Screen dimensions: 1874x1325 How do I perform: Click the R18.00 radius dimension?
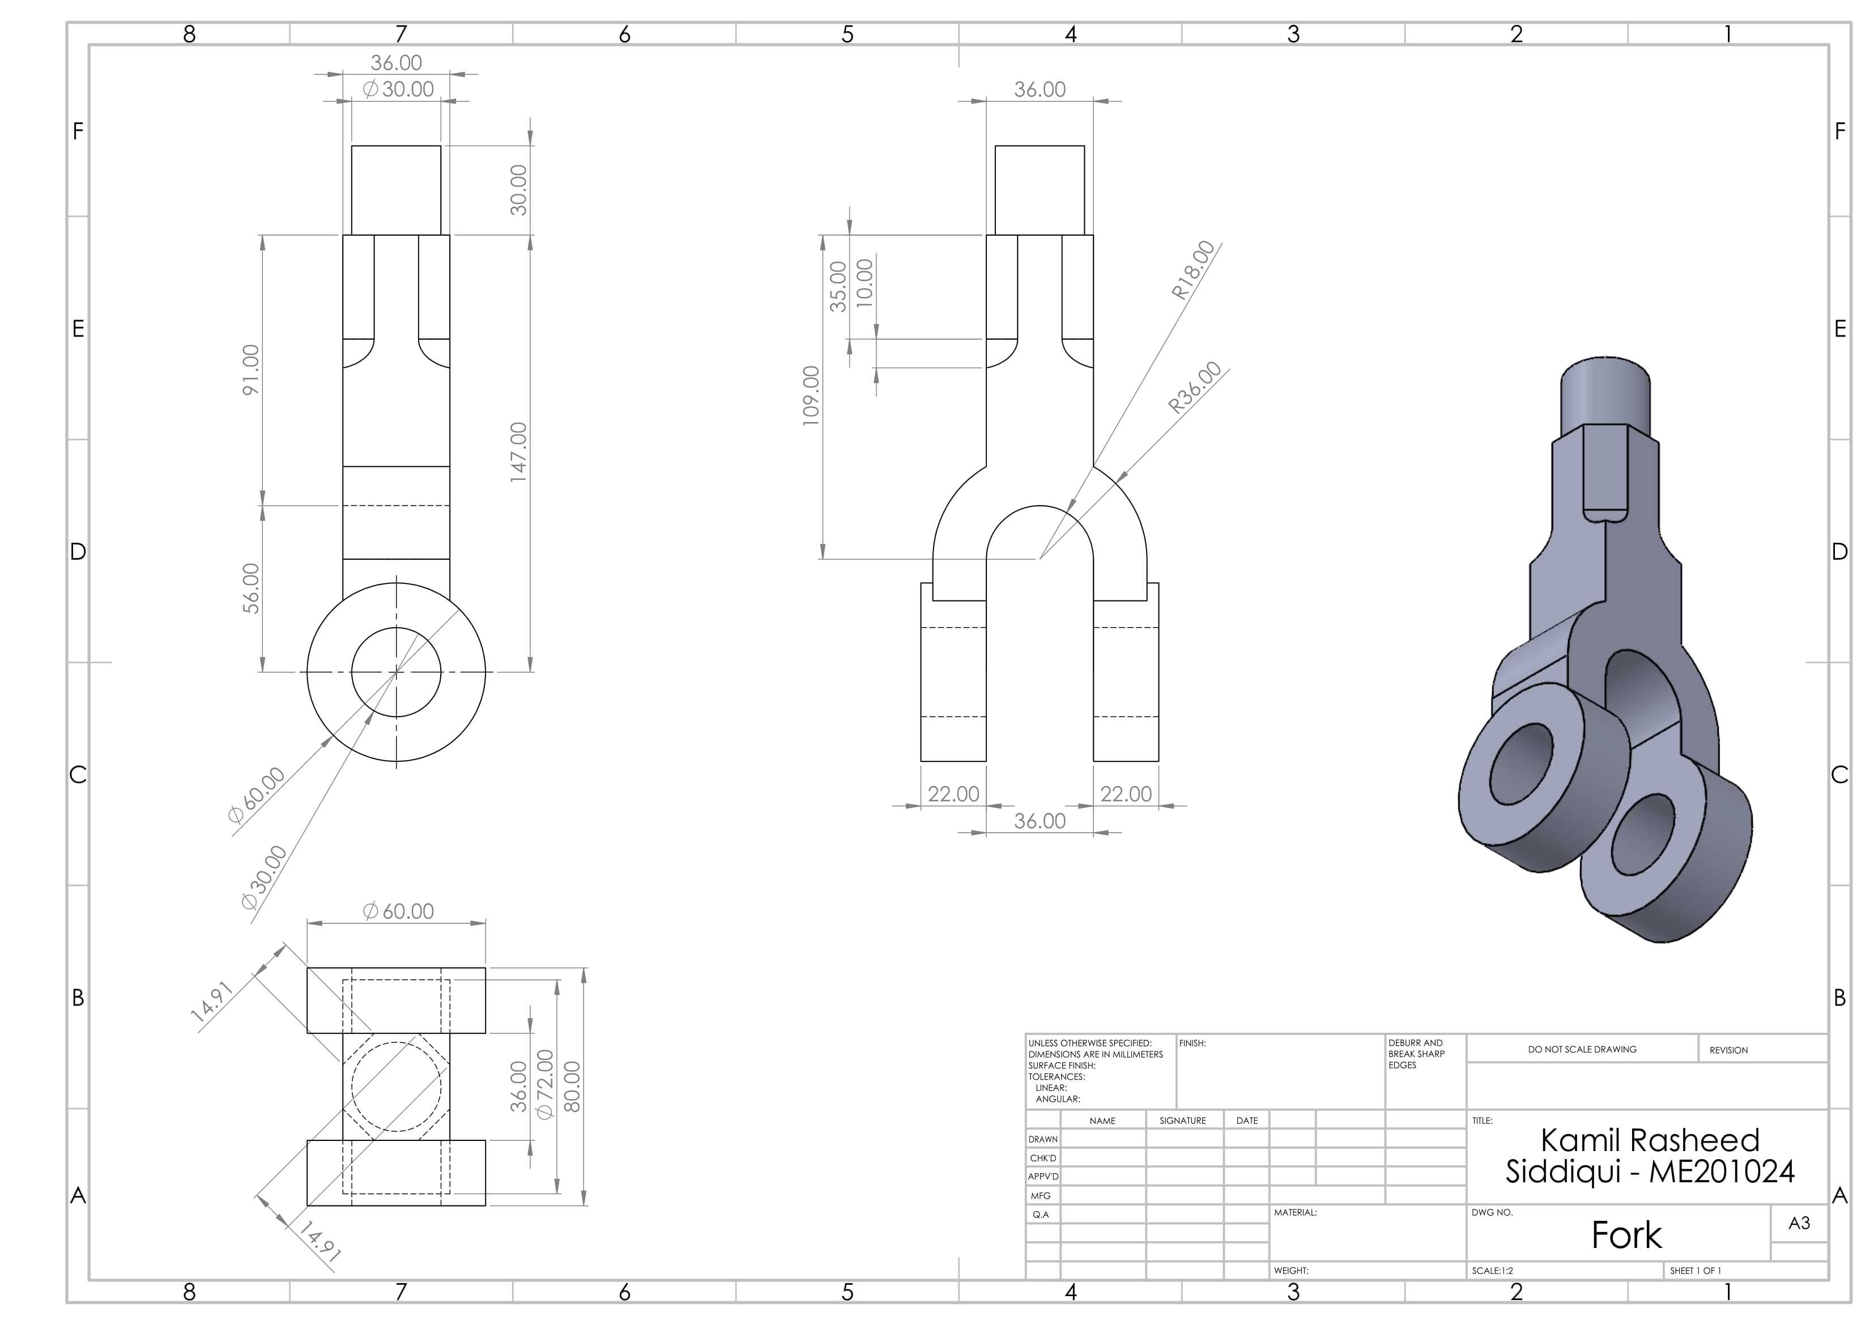(x=1193, y=270)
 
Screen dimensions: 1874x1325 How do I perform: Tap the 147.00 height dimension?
(x=518, y=452)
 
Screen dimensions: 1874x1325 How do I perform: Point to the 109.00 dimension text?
(x=811, y=396)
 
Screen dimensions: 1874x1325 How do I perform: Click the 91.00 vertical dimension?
(x=250, y=370)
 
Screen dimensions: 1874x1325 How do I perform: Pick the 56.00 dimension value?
(x=250, y=589)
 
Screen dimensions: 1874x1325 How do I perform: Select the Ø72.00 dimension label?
(x=544, y=1084)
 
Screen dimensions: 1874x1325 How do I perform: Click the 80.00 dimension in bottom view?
(x=572, y=1087)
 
